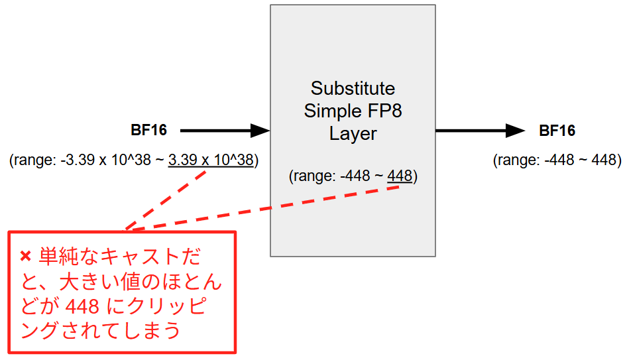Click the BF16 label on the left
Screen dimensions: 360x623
click(148, 131)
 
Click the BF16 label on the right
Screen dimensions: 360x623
click(557, 131)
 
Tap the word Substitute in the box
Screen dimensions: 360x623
click(353, 88)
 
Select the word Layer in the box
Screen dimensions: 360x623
click(353, 133)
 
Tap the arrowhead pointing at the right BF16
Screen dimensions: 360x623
click(515, 131)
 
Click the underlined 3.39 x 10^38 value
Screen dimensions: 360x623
click(211, 160)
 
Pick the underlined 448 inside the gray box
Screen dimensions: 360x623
click(400, 176)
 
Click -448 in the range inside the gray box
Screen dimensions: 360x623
click(355, 176)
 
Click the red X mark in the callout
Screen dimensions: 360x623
click(26, 256)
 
